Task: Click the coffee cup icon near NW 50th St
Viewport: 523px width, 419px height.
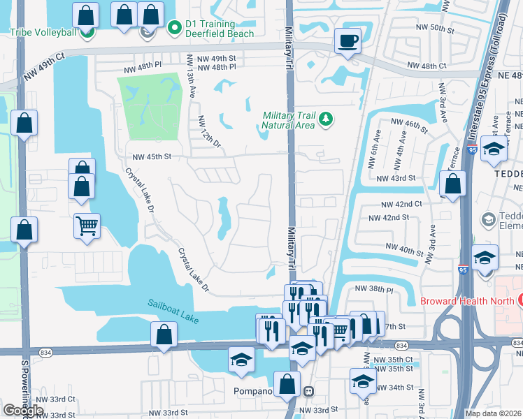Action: pyautogui.click(x=347, y=41)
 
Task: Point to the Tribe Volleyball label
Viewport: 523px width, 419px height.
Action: pyautogui.click(x=41, y=31)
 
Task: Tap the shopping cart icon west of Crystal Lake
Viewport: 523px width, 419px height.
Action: pyautogui.click(x=87, y=226)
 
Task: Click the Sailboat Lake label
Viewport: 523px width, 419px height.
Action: pyautogui.click(x=173, y=311)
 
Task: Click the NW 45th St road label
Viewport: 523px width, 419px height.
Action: pyautogui.click(x=148, y=156)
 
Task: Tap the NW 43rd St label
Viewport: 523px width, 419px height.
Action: pyautogui.click(x=396, y=179)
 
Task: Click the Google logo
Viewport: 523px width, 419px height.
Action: pyautogui.click(x=23, y=410)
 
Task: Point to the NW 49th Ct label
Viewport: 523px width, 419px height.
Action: pyautogui.click(x=43, y=65)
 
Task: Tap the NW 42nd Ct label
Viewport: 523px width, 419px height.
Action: pyautogui.click(x=401, y=204)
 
